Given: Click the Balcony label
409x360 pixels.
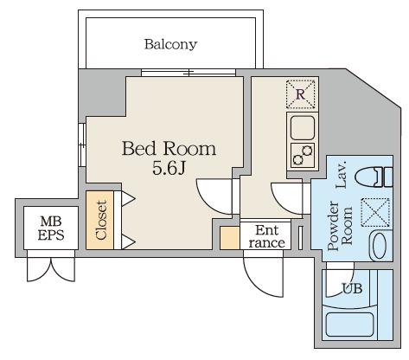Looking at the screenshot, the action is point(170,44).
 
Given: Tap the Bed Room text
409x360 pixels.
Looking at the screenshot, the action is point(169,149).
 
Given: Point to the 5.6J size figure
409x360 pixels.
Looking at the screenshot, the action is point(169,169).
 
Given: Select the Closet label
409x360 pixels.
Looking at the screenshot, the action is point(101,220).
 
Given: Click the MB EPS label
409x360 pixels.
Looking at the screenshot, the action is point(51,228).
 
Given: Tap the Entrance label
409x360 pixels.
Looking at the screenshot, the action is point(267,236).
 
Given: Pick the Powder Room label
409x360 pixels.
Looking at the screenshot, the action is point(340,226).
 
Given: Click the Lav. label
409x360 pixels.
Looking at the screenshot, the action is point(341,176).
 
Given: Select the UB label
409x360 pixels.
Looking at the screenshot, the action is point(352,288).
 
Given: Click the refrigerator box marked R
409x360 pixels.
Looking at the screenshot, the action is point(301,94).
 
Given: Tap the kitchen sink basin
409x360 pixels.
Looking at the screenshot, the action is point(303,128).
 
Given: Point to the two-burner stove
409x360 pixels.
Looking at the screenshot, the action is point(303,155).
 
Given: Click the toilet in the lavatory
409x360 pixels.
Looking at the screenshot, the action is point(374,177).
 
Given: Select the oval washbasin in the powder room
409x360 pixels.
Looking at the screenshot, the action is point(380,246).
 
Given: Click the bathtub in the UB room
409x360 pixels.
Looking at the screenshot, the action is point(349,325).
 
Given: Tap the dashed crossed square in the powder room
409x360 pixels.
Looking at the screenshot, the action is point(375,212).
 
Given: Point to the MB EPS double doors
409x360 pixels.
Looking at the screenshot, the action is point(51,266).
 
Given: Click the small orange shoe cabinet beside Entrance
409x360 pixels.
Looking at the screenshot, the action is point(230,238).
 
